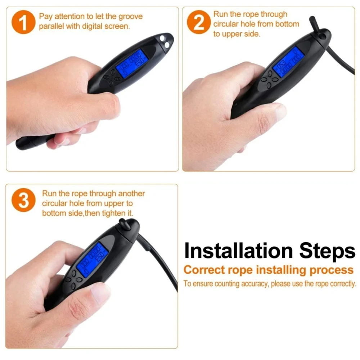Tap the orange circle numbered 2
click(198, 22)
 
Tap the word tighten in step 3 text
click(109, 213)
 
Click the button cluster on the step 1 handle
click(111, 78)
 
